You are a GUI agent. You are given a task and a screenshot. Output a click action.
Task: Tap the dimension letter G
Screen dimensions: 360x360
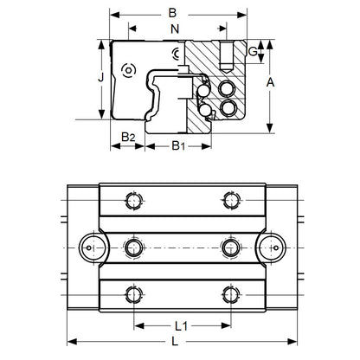pos(253,52)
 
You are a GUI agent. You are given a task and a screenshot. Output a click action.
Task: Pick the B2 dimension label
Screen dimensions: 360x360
pos(126,137)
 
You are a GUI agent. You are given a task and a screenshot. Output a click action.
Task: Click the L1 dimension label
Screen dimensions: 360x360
pos(182,327)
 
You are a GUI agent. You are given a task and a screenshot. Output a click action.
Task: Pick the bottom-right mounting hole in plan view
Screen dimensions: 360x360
pos(230,292)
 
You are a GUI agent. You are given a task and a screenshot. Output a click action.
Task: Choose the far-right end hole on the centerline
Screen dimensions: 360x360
pos(273,247)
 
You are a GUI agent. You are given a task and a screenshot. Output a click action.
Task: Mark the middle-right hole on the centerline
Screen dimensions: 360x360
pos(230,247)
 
